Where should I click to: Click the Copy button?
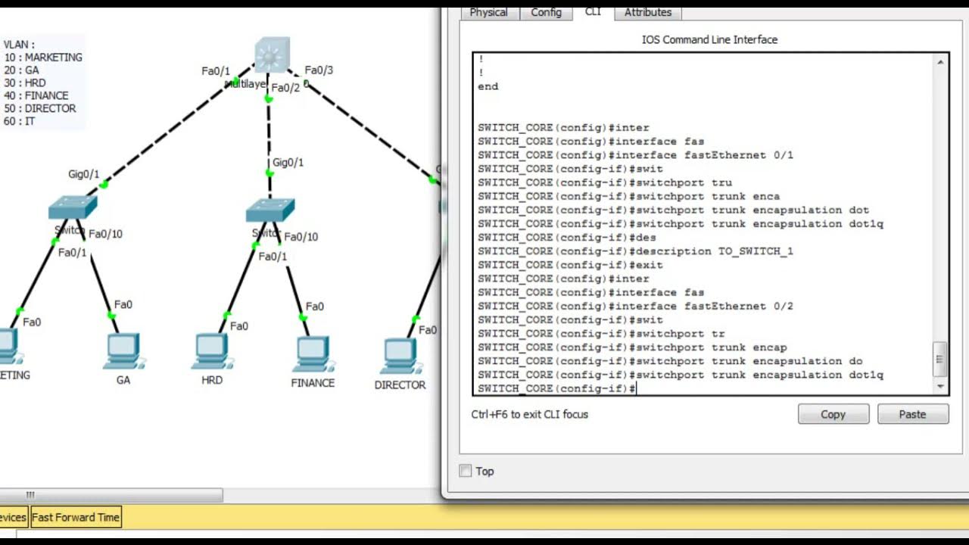tap(833, 414)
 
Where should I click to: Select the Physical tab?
tap(488, 12)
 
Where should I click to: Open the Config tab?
tap(546, 12)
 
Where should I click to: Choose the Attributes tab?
tap(647, 12)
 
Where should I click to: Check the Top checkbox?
tap(466, 471)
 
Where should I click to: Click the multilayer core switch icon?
tap(272, 54)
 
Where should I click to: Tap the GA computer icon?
tap(123, 350)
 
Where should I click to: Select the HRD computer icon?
tap(211, 350)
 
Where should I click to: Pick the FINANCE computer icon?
tap(312, 353)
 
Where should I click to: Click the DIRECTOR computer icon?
tap(400, 355)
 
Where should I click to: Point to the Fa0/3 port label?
tap(319, 70)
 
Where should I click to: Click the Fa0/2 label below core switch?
tap(285, 88)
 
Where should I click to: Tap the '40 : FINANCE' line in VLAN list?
tap(36, 95)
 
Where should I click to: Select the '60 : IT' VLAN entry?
tap(20, 121)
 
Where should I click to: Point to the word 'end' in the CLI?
tap(488, 86)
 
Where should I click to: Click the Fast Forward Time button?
tap(76, 517)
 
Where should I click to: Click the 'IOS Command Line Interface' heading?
tap(709, 39)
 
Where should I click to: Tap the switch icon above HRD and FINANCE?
tap(270, 210)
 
